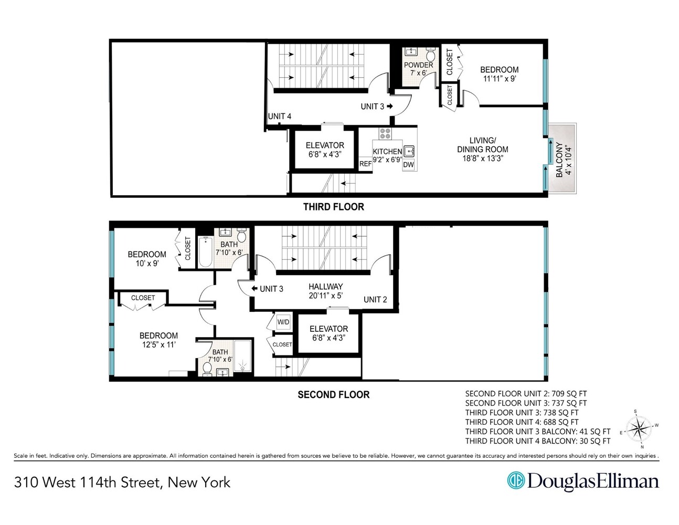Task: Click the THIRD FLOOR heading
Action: click(333, 207)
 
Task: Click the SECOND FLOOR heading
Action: click(333, 395)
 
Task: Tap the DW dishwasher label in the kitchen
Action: click(408, 165)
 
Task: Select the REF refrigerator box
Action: click(365, 164)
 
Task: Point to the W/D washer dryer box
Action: click(283, 322)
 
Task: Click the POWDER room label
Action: click(418, 65)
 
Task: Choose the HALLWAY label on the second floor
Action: click(325, 287)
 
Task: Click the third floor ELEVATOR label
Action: click(325, 145)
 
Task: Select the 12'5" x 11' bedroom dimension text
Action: click(158, 345)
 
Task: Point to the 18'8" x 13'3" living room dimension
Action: click(482, 158)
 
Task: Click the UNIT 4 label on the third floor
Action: click(279, 116)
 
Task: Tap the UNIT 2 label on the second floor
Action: click(375, 299)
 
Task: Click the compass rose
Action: click(639, 429)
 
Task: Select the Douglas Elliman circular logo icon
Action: click(515, 480)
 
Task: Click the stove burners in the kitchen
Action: click(385, 133)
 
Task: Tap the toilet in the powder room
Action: click(430, 55)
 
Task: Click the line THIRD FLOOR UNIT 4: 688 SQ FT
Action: click(522, 422)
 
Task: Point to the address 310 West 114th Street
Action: click(122, 482)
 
